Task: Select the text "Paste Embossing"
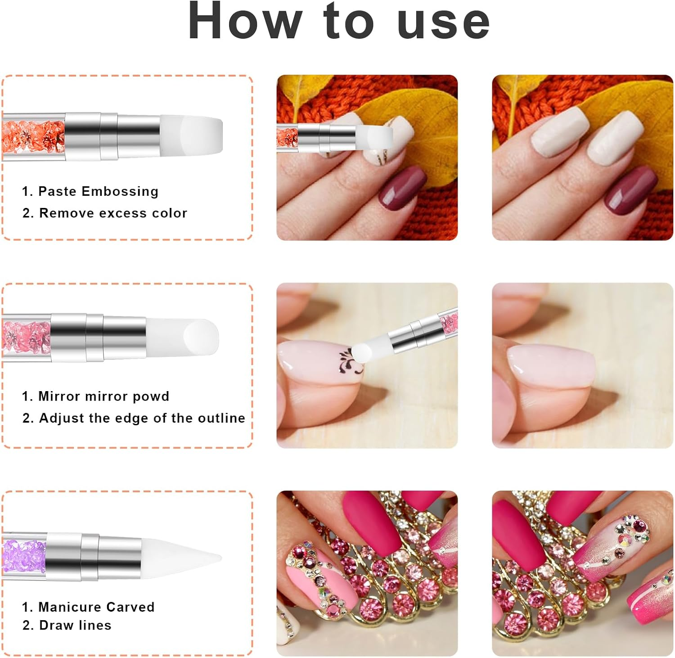tap(98, 191)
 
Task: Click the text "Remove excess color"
tap(113, 213)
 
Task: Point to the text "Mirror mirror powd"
tap(103, 396)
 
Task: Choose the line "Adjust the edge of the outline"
tap(142, 418)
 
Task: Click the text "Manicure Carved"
tap(96, 607)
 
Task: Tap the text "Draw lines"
tap(75, 625)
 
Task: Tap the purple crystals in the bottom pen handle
tap(25, 557)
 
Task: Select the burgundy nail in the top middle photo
tap(402, 187)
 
